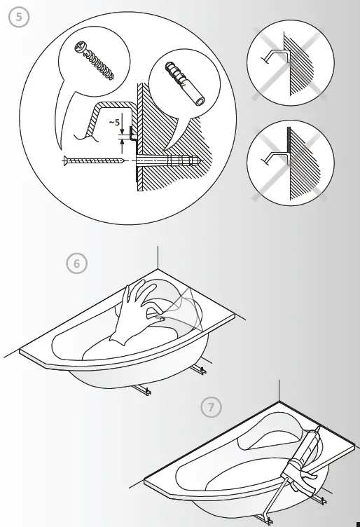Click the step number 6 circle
click(x=78, y=264)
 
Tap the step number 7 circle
click(x=209, y=406)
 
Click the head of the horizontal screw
click(x=65, y=161)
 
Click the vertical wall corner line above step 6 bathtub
click(x=158, y=256)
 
